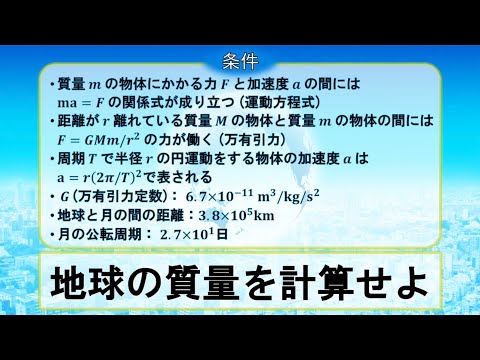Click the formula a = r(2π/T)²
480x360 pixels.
tap(106, 173)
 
